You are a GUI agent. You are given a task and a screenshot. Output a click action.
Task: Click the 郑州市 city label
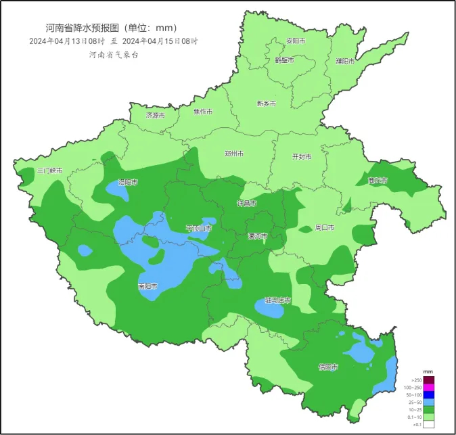pyautogui.click(x=234, y=154)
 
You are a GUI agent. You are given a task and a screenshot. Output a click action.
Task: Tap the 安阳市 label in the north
pyautogui.click(x=296, y=41)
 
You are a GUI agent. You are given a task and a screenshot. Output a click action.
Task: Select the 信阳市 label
pyautogui.click(x=328, y=367)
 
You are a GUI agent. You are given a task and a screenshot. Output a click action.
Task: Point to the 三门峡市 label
pyautogui.click(x=49, y=171)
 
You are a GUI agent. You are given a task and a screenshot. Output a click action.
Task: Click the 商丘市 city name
pyautogui.click(x=378, y=181)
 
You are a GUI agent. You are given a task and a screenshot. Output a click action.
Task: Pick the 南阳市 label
pyautogui.click(x=147, y=286)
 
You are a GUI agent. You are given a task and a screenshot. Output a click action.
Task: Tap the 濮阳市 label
pyautogui.click(x=345, y=61)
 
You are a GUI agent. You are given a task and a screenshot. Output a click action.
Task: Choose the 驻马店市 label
pyautogui.click(x=277, y=300)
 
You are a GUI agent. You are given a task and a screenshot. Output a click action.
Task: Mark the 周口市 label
pyautogui.click(x=325, y=228)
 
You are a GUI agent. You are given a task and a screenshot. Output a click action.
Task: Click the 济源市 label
pyautogui.click(x=156, y=116)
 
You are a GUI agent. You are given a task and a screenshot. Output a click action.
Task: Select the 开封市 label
pyautogui.click(x=301, y=156)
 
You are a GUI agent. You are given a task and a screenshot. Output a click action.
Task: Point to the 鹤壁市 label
pyautogui.click(x=285, y=60)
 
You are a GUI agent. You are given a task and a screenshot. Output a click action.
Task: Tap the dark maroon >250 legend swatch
pyautogui.click(x=429, y=380)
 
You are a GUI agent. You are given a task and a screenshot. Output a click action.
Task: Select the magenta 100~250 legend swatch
pyautogui.click(x=429, y=387)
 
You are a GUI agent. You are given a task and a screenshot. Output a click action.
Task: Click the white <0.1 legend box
pyautogui.click(x=429, y=424)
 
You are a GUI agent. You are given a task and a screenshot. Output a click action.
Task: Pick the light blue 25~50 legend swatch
pyautogui.click(x=429, y=402)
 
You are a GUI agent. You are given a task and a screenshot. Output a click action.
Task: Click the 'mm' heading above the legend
pyautogui.click(x=428, y=372)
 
